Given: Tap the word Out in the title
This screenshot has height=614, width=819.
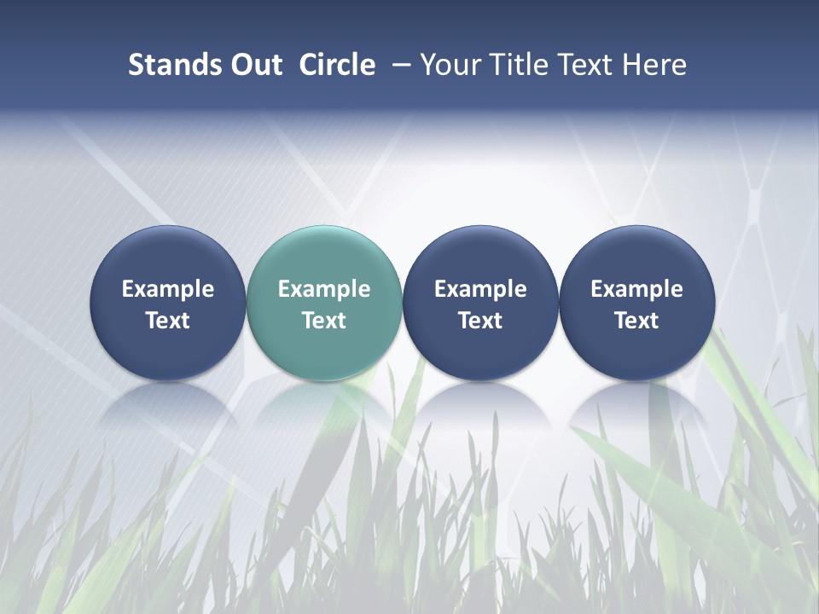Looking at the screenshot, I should point(254,65).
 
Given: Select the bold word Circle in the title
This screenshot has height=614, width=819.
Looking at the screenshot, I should point(337,65).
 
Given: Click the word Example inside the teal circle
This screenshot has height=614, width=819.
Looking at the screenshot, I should point(324,289).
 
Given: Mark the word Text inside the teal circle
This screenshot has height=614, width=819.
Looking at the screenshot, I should point(324,321).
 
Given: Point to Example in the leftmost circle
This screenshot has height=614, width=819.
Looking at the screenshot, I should point(168,289).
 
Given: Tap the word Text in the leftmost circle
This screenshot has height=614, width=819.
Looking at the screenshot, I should point(168,321).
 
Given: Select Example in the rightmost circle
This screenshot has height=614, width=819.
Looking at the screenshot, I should point(636,289).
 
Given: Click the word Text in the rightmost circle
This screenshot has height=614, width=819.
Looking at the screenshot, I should point(636,321).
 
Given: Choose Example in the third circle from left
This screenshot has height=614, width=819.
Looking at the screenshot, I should point(480,289).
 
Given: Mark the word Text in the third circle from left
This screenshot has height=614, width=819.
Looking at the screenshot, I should point(480,321).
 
